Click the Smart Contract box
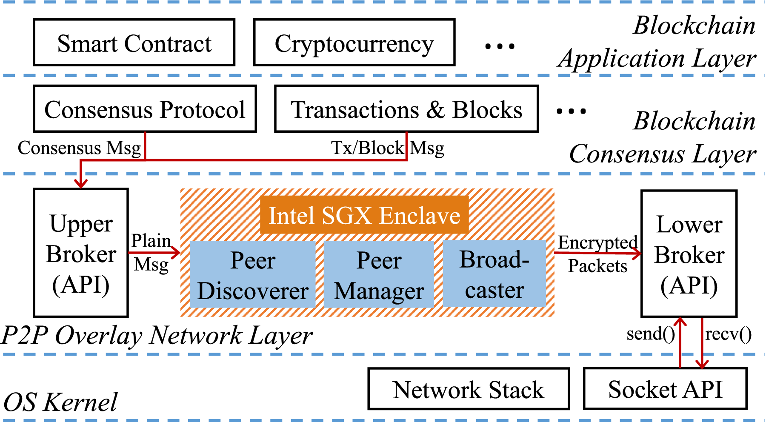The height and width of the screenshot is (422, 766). point(134,43)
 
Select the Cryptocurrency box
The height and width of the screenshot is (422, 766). point(354,43)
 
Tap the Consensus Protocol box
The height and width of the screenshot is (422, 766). point(145,109)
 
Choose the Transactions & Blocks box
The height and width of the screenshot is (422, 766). point(406,109)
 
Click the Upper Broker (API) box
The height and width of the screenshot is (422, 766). point(81,253)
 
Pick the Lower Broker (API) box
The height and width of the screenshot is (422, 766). point(689,254)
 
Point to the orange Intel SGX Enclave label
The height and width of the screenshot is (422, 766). point(364,215)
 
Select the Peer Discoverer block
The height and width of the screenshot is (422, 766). point(252,274)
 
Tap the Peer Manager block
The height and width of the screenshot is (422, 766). point(379,274)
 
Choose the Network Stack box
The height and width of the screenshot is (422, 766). point(469,389)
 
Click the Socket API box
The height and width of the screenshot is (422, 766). point(665,389)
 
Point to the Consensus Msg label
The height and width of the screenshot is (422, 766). point(79,148)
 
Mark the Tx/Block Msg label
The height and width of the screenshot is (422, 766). point(387,148)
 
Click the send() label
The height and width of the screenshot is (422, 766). point(650,334)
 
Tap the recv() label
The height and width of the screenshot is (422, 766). point(728,334)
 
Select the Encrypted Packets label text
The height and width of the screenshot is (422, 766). point(597,254)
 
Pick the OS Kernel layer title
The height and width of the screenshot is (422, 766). point(60,402)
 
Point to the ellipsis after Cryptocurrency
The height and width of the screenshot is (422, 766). point(500,46)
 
